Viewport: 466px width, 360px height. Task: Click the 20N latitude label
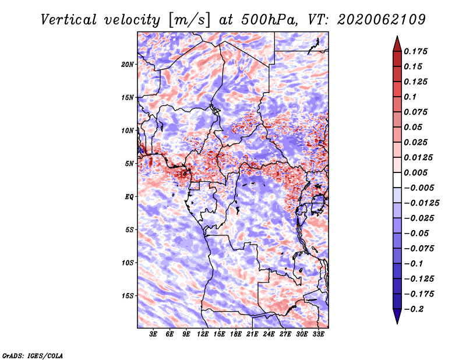[127, 64]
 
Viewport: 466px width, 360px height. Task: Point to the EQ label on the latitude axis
[129, 197]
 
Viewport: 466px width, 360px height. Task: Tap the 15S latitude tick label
[128, 296]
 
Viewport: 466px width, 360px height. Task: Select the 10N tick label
[127, 130]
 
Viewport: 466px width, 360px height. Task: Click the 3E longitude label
[153, 334]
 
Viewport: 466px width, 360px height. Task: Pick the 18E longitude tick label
[236, 334]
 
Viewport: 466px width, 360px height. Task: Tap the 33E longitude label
[318, 334]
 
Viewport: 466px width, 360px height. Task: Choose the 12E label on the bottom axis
[203, 334]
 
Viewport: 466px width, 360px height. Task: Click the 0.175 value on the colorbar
[416, 51]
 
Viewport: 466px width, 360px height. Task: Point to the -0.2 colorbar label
[414, 309]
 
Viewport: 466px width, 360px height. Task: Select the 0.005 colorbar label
[416, 172]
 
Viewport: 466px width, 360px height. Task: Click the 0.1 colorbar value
[411, 97]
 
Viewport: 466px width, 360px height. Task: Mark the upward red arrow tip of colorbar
[397, 37]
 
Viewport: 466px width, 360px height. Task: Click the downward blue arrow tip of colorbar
[397, 323]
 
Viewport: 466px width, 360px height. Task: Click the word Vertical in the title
[69, 20]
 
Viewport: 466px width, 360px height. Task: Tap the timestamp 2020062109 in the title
[382, 20]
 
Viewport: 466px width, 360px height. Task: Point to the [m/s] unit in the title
[189, 20]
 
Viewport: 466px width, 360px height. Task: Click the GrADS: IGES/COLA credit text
[33, 355]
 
